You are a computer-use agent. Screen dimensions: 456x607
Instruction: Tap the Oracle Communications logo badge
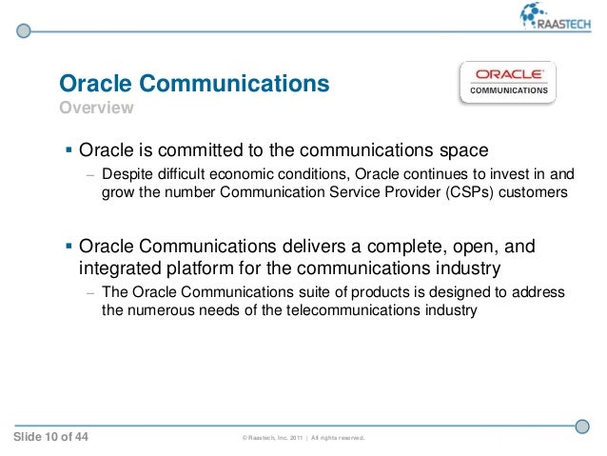point(509,83)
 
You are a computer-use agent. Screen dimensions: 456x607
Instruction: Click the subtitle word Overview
point(96,109)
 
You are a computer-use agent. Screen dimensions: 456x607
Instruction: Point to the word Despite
point(126,175)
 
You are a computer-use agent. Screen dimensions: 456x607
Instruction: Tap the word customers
point(534,193)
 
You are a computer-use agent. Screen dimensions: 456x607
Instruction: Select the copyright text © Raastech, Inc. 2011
point(276,439)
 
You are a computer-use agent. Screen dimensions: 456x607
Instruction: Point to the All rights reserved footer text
point(340,439)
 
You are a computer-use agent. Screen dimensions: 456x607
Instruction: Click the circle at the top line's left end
point(25,30)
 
